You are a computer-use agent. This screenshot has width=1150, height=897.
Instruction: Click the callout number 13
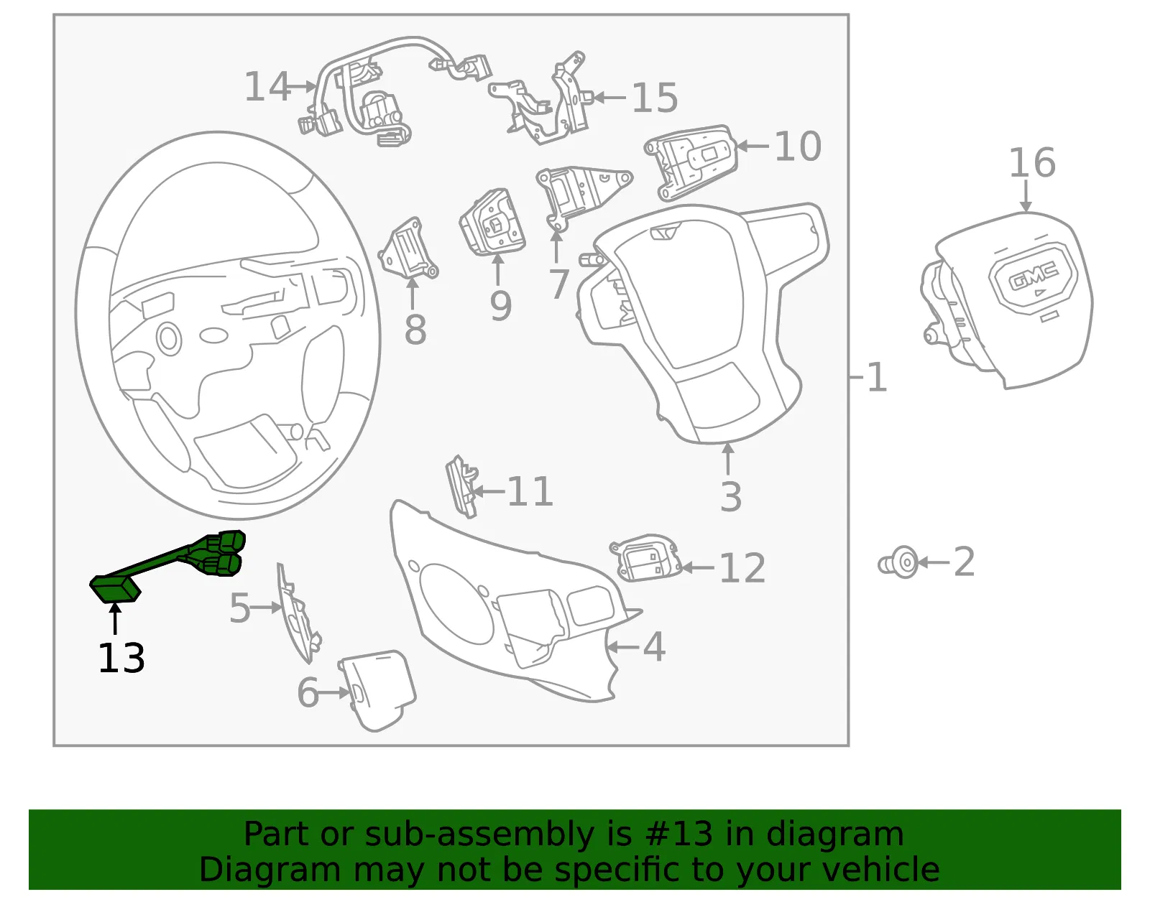[x=121, y=658]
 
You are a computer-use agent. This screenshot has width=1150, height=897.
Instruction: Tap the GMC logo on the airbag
[x=1034, y=276]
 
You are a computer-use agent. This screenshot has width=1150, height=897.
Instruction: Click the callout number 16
[x=1032, y=162]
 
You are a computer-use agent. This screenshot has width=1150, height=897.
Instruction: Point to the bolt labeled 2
[x=898, y=562]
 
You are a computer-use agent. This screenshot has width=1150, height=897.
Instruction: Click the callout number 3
[x=731, y=496]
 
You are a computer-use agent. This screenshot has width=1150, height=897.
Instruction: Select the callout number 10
[x=798, y=147]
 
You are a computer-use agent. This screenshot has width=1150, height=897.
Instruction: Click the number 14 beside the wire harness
[x=267, y=87]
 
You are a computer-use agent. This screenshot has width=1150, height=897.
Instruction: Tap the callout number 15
[x=655, y=98]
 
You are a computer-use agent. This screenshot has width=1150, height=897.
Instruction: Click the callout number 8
[x=415, y=330]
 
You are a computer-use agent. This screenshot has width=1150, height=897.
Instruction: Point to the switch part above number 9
[x=492, y=222]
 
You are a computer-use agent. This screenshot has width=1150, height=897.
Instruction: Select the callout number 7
[x=559, y=284]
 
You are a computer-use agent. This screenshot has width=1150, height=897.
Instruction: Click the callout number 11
[x=530, y=491]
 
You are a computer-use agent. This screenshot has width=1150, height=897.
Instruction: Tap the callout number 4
[x=654, y=646]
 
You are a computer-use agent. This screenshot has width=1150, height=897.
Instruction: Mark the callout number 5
[x=240, y=608]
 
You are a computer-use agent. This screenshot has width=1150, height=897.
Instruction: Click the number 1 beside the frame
[x=877, y=378]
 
